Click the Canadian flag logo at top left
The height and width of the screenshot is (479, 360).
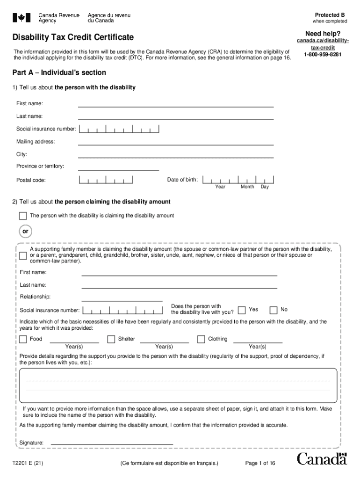[21, 18]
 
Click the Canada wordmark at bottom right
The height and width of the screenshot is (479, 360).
[322, 459]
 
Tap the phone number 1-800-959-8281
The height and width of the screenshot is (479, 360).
[323, 55]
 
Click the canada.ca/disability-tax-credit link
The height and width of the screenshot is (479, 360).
[323, 44]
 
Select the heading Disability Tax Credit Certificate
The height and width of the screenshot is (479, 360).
[73, 37]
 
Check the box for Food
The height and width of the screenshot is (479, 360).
[23, 339]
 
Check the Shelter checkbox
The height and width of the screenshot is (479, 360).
[111, 339]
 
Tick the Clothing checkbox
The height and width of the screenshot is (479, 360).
[201, 339]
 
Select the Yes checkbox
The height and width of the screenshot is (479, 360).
[242, 310]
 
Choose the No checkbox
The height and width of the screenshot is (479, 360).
[274, 310]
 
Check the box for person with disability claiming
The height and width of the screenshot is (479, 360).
[23, 216]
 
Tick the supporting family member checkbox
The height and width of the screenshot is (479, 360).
[23, 255]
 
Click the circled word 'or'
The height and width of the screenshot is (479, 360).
[26, 232]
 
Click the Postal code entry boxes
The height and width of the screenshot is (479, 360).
[106, 180]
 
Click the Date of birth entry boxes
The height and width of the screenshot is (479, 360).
[239, 179]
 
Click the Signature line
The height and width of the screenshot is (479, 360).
[112, 443]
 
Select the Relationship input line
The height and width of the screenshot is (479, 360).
[122, 298]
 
